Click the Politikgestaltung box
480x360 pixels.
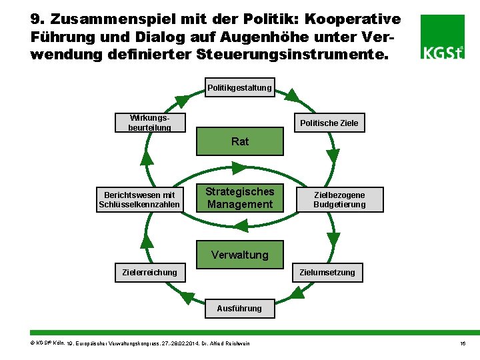239,87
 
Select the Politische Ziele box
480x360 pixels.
329,123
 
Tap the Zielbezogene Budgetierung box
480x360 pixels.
339,199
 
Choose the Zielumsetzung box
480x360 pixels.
327,272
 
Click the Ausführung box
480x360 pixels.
239,308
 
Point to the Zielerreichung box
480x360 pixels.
150,272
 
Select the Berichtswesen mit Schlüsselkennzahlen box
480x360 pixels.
139,199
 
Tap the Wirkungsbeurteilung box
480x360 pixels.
150,123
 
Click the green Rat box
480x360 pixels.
240,141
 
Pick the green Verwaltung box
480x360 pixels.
240,255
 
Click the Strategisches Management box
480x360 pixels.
240,198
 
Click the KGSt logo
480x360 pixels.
443,37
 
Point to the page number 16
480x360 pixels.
462,343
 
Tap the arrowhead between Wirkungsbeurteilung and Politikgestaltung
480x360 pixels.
181,101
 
